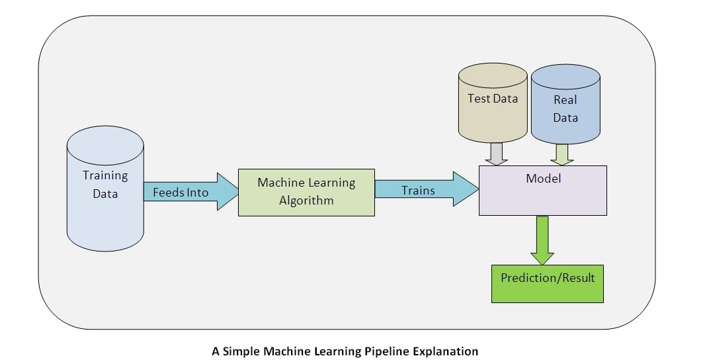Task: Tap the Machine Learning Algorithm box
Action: tap(306, 192)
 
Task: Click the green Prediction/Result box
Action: tap(547, 283)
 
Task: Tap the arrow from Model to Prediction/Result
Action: tap(542, 240)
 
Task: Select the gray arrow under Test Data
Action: tap(495, 154)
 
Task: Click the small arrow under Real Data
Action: tap(561, 154)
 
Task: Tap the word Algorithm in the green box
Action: tap(306, 200)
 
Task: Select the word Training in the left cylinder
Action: tap(105, 176)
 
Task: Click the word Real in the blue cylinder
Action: tap(565, 100)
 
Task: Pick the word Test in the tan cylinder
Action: tap(479, 99)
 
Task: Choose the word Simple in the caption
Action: tap(239, 351)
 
